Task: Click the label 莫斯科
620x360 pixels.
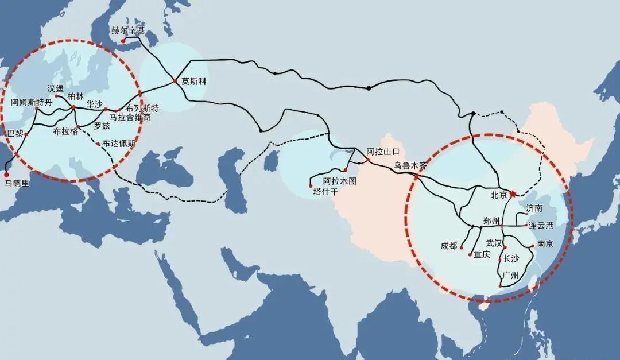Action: click(193, 81)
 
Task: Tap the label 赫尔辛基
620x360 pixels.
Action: click(128, 30)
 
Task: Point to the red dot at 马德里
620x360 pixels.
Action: click(6, 174)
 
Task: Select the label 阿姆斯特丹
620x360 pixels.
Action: click(32, 102)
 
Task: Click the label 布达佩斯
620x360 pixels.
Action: click(119, 144)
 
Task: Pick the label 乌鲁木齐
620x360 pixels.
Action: click(411, 165)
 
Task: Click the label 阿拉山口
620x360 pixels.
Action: click(383, 152)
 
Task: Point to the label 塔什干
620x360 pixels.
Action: click(325, 192)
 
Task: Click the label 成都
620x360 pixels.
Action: click(449, 246)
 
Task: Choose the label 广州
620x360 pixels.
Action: click(510, 276)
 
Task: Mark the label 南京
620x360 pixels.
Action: click(546, 244)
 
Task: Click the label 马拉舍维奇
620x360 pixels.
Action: click(130, 117)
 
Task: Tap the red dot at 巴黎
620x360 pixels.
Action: click(26, 134)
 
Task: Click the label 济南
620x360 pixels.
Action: click(534, 208)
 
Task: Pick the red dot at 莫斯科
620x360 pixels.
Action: click(175, 81)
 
